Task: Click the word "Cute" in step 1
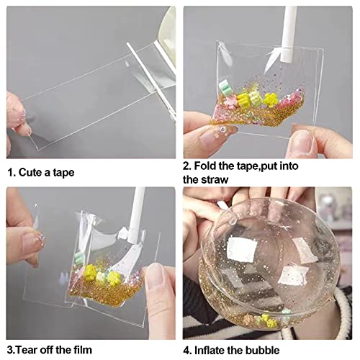point(33,173)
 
